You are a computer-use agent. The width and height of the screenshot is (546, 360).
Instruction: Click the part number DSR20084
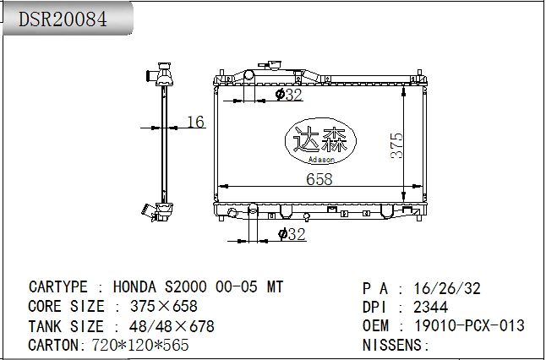click(63, 19)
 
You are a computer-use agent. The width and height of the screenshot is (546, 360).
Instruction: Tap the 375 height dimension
click(396, 145)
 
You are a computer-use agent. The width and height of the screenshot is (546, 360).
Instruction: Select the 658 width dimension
click(319, 179)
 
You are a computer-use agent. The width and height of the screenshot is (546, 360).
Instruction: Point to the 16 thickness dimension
click(195, 122)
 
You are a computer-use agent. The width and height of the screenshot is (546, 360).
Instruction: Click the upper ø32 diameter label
click(289, 95)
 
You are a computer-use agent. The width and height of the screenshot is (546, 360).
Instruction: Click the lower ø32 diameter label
click(292, 234)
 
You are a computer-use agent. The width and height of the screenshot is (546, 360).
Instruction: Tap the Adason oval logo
click(320, 141)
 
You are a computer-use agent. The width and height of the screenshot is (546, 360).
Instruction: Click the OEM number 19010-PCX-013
click(469, 325)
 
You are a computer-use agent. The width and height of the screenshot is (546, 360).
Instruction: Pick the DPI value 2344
click(430, 307)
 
